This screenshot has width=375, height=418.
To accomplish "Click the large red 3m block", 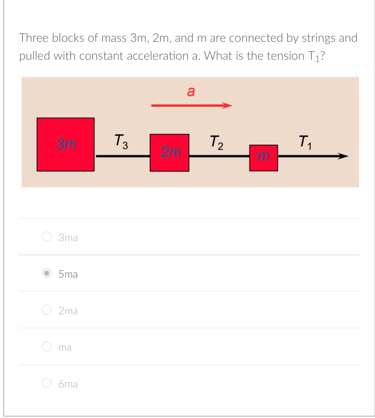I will [x=65, y=144].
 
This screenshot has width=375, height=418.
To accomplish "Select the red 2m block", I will [x=169, y=153].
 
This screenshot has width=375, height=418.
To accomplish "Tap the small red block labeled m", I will [x=263, y=158].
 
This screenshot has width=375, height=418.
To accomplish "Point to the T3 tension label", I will [x=121, y=141].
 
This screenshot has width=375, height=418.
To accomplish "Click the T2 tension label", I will [x=216, y=142].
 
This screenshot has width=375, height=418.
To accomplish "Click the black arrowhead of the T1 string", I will [x=342, y=157].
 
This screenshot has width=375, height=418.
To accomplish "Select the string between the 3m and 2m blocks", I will [x=122, y=157].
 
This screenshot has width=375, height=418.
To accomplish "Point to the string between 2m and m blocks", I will [x=219, y=157].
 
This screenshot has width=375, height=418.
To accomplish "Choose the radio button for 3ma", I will [x=46, y=237].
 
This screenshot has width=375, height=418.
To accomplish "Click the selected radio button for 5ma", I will [x=46, y=273].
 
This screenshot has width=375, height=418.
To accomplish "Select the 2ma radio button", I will [x=46, y=310].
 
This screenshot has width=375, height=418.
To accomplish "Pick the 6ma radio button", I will [x=46, y=383].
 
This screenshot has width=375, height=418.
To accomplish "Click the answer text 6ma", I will [x=68, y=384].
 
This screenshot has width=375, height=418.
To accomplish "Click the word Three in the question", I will [x=33, y=38].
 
